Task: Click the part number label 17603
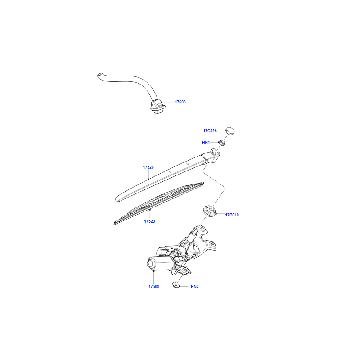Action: pyautogui.click(x=180, y=102)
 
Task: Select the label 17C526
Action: pyautogui.click(x=210, y=131)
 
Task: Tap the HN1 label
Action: pyautogui.click(x=206, y=143)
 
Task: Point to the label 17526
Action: pyautogui.click(x=148, y=167)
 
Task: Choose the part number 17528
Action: pyautogui.click(x=149, y=221)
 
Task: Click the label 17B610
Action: pyautogui.click(x=232, y=215)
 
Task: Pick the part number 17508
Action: pyautogui.click(x=154, y=287)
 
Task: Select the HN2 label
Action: pyautogui.click(x=195, y=287)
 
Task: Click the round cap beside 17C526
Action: pyautogui.click(x=230, y=130)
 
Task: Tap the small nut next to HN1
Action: pyautogui.click(x=222, y=143)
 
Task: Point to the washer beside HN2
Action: pyautogui.click(x=176, y=285)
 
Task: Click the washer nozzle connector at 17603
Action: pyautogui.click(x=157, y=107)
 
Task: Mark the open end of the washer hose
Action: pyautogui.click(x=99, y=75)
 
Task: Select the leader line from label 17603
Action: pyautogui.click(x=168, y=102)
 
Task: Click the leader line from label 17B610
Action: pyautogui.click(x=220, y=214)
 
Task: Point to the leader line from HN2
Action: pyautogui.click(x=184, y=286)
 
